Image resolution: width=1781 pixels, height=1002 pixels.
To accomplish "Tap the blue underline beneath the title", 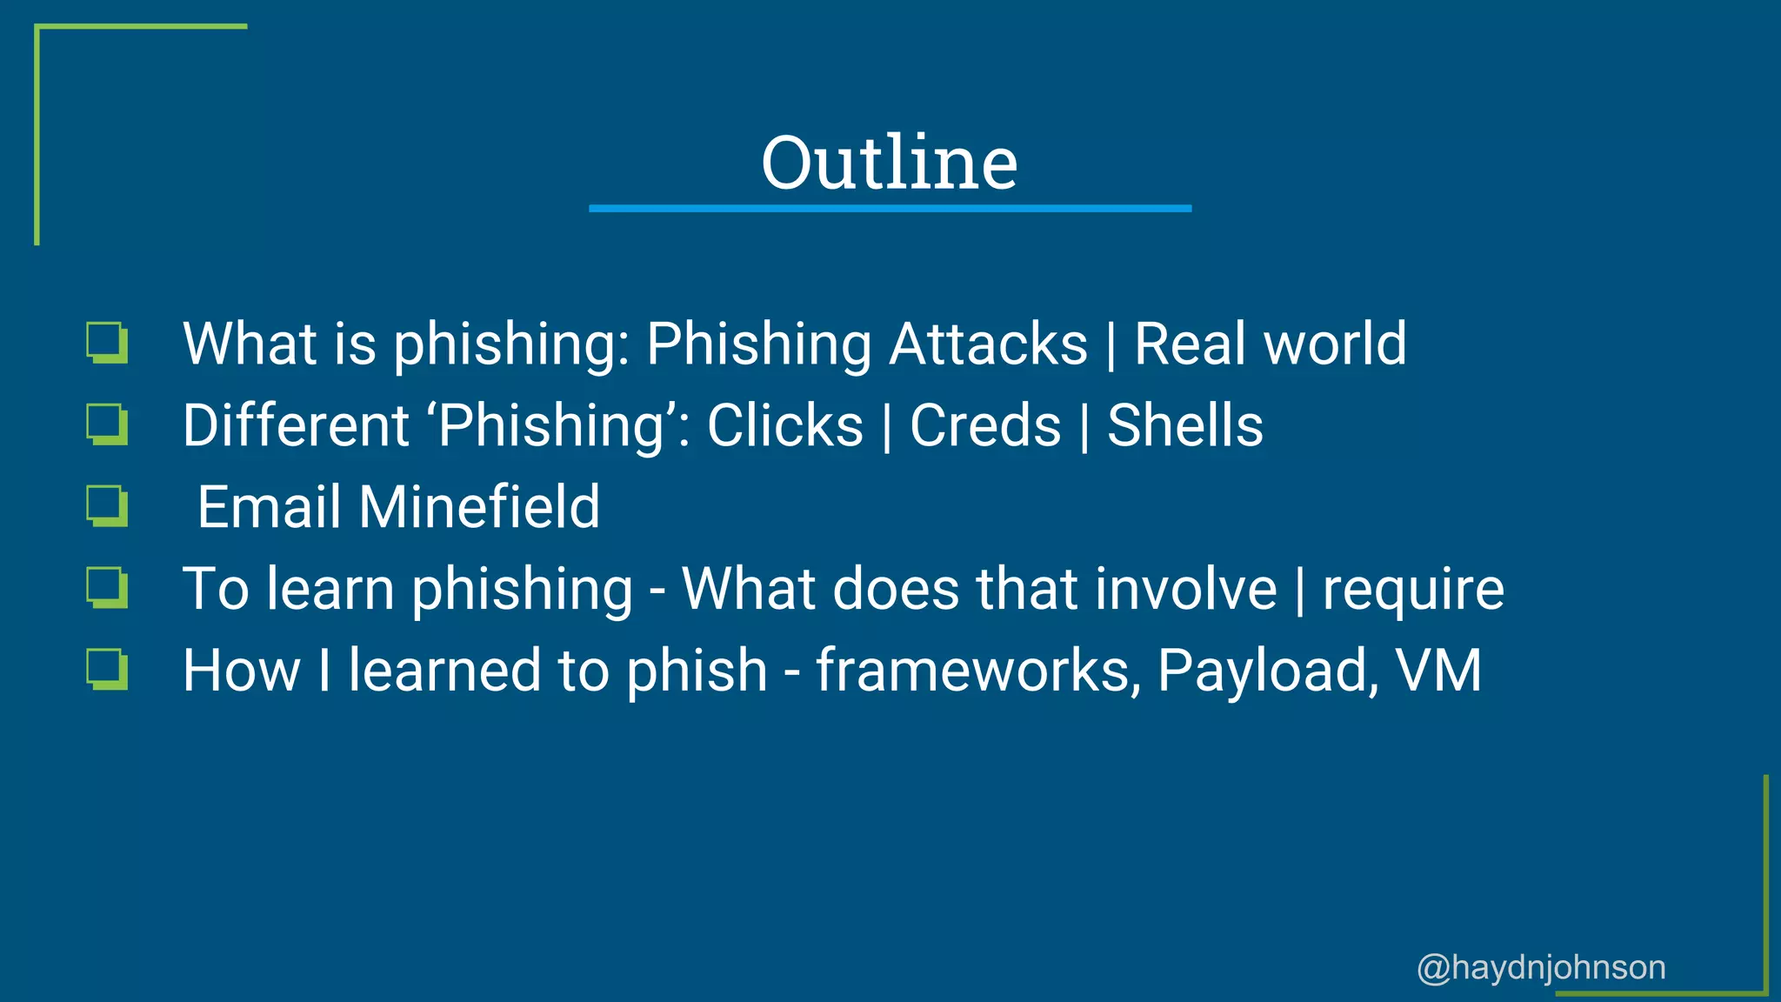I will pyautogui.click(x=889, y=209).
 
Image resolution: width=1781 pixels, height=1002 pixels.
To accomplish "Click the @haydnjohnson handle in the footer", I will pyautogui.click(x=1541, y=967).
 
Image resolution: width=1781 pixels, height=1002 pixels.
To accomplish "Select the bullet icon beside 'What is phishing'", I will pyautogui.click(x=108, y=343).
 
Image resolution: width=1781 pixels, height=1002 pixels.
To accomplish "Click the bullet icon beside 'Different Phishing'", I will pyautogui.click(x=108, y=424).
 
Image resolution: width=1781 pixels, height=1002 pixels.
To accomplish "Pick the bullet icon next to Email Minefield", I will pyautogui.click(x=108, y=506).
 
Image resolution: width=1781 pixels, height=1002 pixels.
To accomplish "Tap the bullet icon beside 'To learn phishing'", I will pyautogui.click(x=108, y=588).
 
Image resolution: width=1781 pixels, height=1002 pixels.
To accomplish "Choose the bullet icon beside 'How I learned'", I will pyautogui.click(x=108, y=670).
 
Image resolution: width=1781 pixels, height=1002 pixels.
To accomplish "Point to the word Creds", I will pyautogui.click(x=985, y=425).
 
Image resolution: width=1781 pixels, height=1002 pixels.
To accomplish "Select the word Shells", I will pyautogui.click(x=1184, y=425).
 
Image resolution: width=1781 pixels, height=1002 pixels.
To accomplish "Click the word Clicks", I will pyautogui.click(x=785, y=425).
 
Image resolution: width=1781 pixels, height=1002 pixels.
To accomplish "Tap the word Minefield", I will pyautogui.click(x=479, y=507).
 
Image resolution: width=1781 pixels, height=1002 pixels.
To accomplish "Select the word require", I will pyautogui.click(x=1413, y=591).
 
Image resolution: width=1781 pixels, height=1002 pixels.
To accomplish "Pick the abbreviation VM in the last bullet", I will pyautogui.click(x=1438, y=671).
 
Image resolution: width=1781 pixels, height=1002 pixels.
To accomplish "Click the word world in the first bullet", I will pyautogui.click(x=1335, y=344).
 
